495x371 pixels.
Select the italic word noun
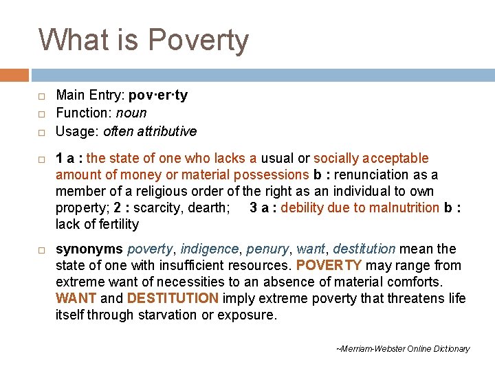tap(131, 113)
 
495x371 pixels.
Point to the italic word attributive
tap(164, 131)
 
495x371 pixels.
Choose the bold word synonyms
tap(89, 249)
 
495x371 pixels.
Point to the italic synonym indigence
tap(209, 249)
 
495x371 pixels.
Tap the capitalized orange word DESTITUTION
tap(173, 298)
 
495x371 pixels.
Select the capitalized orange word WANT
tap(76, 298)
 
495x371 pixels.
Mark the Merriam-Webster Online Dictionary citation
tap(403, 349)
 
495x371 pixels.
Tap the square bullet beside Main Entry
tap(42, 96)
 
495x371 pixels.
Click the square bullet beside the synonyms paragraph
tap(42, 249)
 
